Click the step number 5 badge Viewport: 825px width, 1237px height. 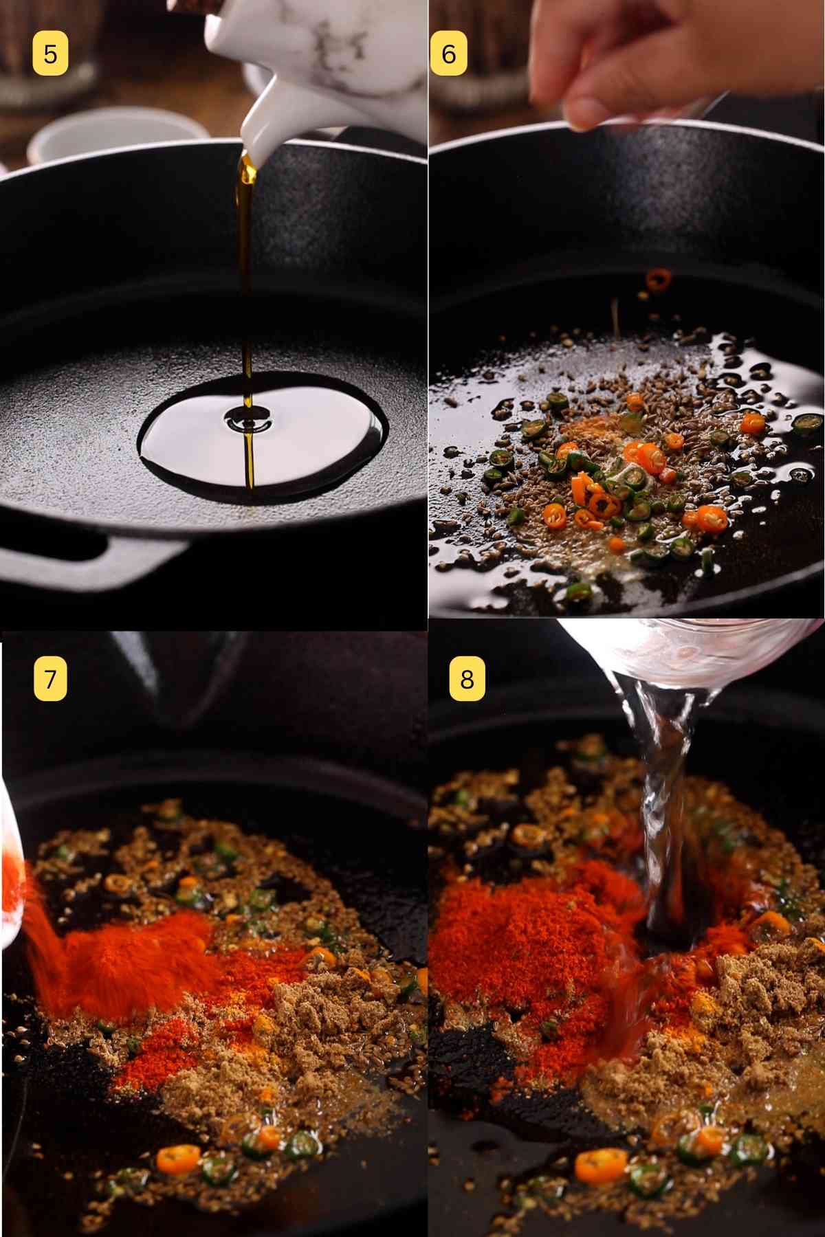[x=50, y=54]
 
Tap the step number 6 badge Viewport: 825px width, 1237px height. [x=448, y=54]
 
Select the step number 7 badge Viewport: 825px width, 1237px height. [x=50, y=678]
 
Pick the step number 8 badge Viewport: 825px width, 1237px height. [x=467, y=678]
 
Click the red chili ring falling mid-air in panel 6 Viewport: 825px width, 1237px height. [x=658, y=279]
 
